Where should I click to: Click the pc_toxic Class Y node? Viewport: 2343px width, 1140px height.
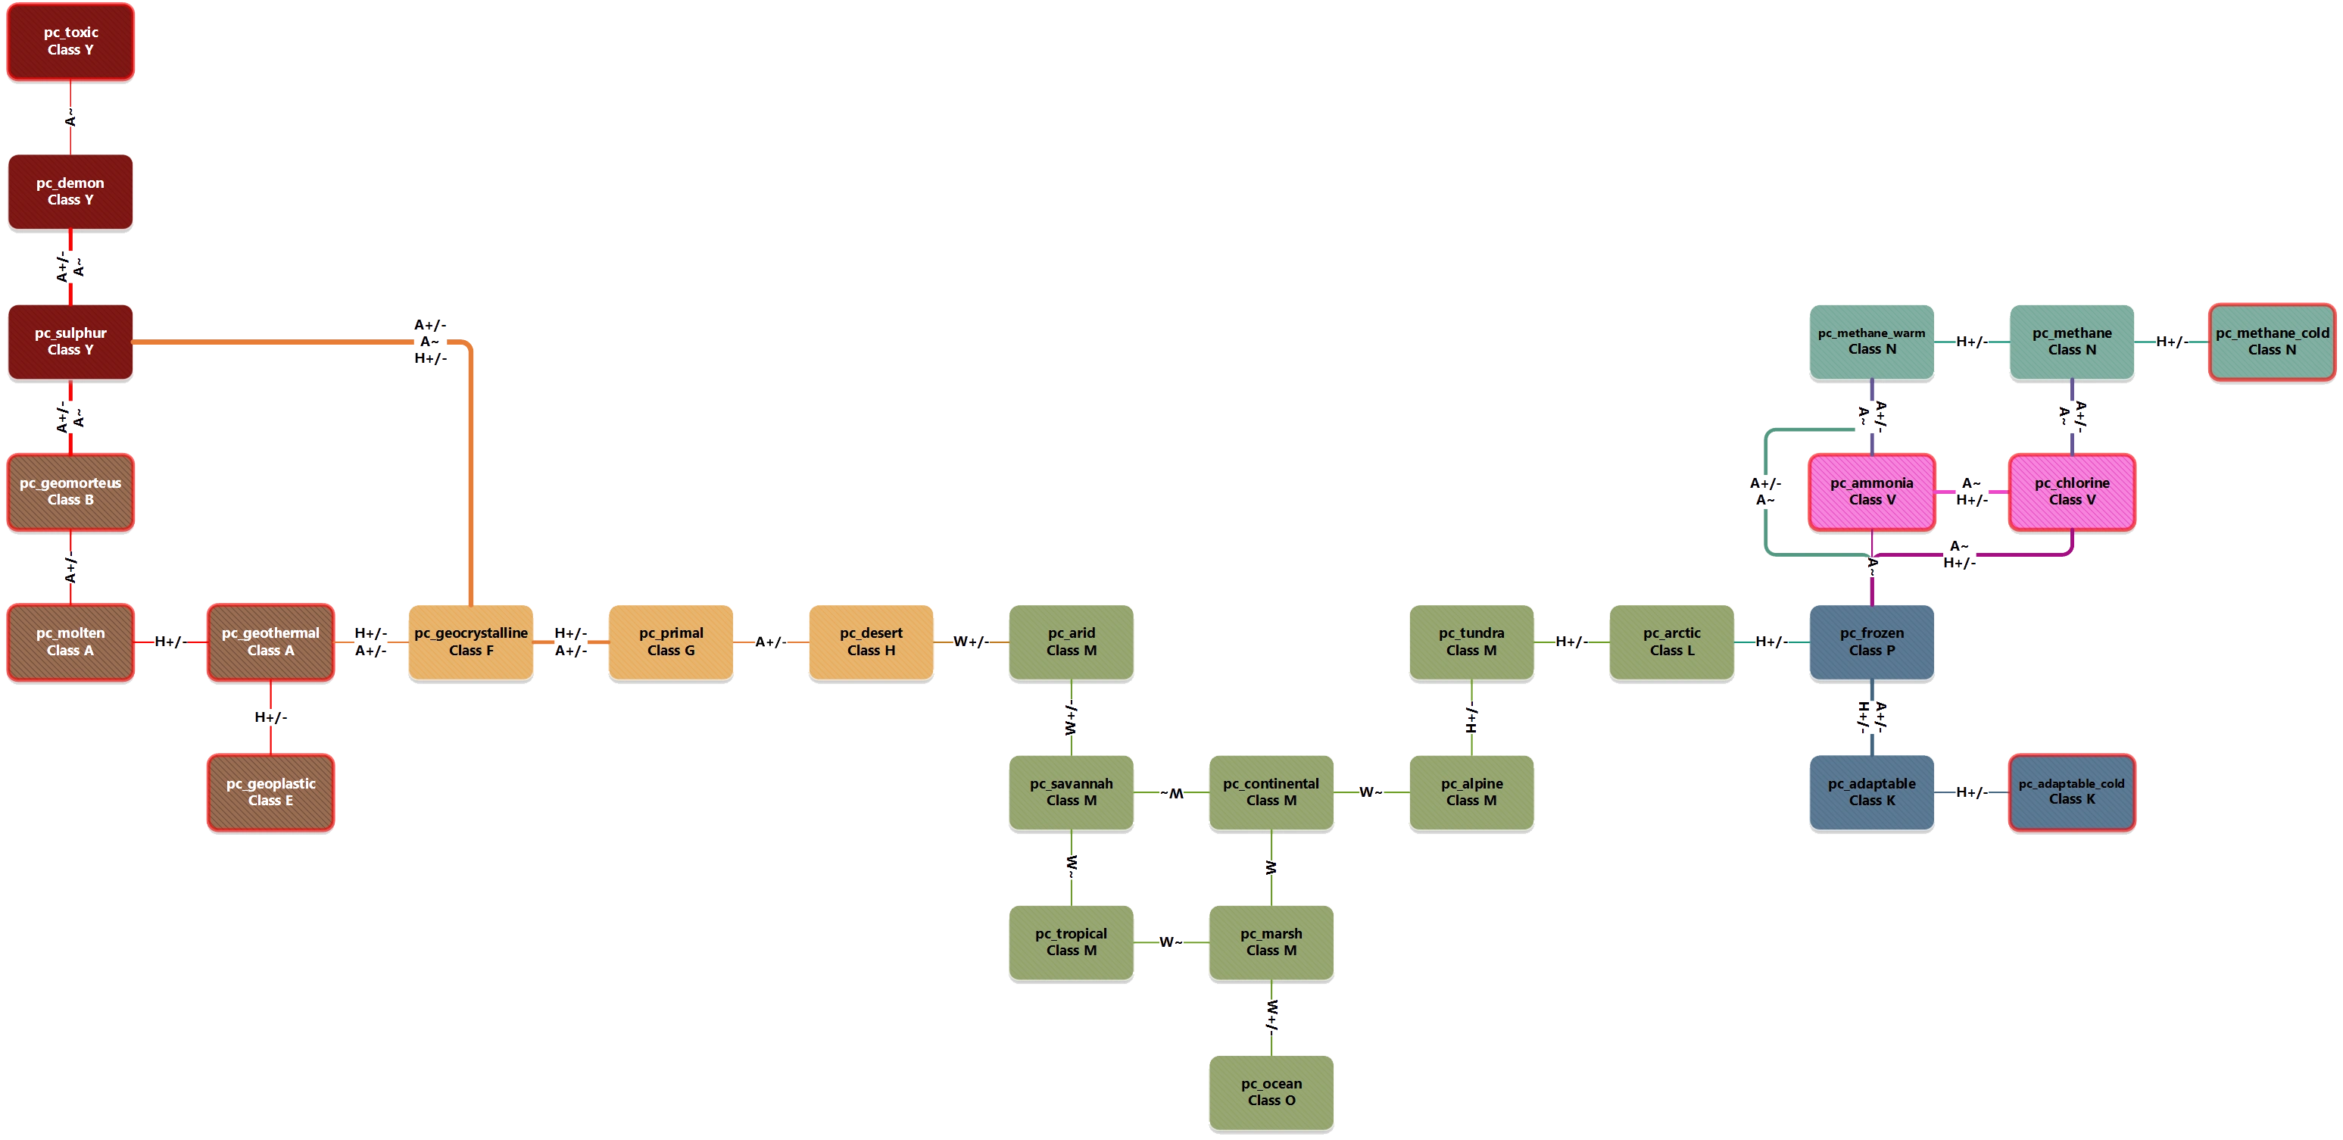tap(70, 41)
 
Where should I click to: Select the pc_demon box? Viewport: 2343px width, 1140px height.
tap(70, 191)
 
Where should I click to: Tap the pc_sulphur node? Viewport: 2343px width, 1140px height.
tap(70, 341)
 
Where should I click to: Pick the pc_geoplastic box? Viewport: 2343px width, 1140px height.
tap(270, 792)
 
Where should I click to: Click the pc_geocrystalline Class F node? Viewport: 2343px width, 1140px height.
tap(470, 642)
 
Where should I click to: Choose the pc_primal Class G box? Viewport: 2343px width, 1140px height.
tap(670, 642)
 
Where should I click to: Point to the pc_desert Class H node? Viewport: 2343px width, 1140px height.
tap(870, 642)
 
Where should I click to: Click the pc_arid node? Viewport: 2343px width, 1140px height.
tap(1071, 642)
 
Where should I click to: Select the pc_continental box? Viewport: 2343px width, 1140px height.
tap(1271, 792)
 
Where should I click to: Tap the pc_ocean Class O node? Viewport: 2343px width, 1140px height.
tap(1271, 1092)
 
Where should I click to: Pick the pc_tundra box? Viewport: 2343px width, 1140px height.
tap(1471, 642)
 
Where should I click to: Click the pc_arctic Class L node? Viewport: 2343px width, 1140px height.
tap(1671, 642)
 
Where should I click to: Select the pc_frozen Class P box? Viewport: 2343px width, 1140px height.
tap(1871, 642)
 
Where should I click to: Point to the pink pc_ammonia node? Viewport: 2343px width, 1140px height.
tap(1871, 492)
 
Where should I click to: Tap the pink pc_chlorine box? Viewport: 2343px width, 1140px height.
tap(2071, 492)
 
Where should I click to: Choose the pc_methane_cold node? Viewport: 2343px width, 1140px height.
tap(2271, 341)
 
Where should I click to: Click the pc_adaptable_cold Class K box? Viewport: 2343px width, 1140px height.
tap(2071, 792)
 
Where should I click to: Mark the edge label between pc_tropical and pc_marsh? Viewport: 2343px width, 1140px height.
tap(1168, 942)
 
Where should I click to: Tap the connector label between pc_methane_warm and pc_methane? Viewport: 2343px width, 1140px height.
tap(1971, 342)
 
